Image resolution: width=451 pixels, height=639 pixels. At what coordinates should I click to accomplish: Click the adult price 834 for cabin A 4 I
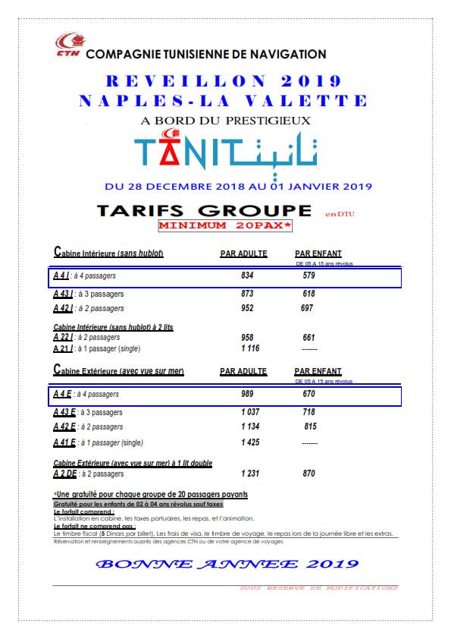pos(247,276)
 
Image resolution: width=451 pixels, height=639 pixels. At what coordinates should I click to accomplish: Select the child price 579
pos(308,276)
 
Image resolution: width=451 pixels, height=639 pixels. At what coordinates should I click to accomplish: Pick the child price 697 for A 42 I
pos(307,309)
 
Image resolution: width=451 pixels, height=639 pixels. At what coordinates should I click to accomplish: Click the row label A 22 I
pos(63,337)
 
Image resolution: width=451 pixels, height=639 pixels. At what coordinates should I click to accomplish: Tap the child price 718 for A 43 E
pos(308,412)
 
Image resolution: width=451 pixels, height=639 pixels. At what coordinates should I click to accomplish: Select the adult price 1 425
pos(250,442)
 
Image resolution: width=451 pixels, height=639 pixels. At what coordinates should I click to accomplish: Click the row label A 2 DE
pos(64,474)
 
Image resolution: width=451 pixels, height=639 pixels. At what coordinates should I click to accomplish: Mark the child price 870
pos(308,474)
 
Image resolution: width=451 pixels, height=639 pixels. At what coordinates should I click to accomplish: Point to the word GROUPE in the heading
pos(257,209)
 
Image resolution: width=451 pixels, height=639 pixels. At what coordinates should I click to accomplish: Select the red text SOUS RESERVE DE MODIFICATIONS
pos(318,587)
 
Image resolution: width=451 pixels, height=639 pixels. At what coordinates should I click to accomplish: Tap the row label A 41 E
pos(64,442)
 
